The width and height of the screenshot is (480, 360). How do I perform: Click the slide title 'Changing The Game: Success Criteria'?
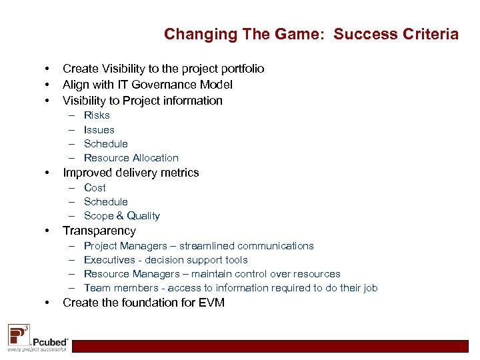[311, 34]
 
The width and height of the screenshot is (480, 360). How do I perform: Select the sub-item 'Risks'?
[97, 115]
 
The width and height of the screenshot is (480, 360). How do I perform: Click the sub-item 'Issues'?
[99, 130]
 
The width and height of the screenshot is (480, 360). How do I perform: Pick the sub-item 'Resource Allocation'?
[131, 158]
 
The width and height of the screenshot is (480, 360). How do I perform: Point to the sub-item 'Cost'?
[95, 188]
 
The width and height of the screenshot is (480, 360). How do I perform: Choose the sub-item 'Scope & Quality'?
[121, 216]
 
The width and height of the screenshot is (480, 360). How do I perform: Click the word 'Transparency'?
[99, 231]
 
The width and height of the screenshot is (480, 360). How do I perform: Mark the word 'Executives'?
[109, 260]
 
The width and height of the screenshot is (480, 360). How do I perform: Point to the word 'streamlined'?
[207, 246]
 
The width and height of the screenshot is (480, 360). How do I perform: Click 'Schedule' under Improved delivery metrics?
[105, 202]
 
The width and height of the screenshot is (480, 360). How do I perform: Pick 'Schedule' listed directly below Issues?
[105, 144]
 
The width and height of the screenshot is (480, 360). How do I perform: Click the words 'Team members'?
[111, 288]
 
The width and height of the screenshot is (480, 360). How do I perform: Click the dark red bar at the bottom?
[273, 346]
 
